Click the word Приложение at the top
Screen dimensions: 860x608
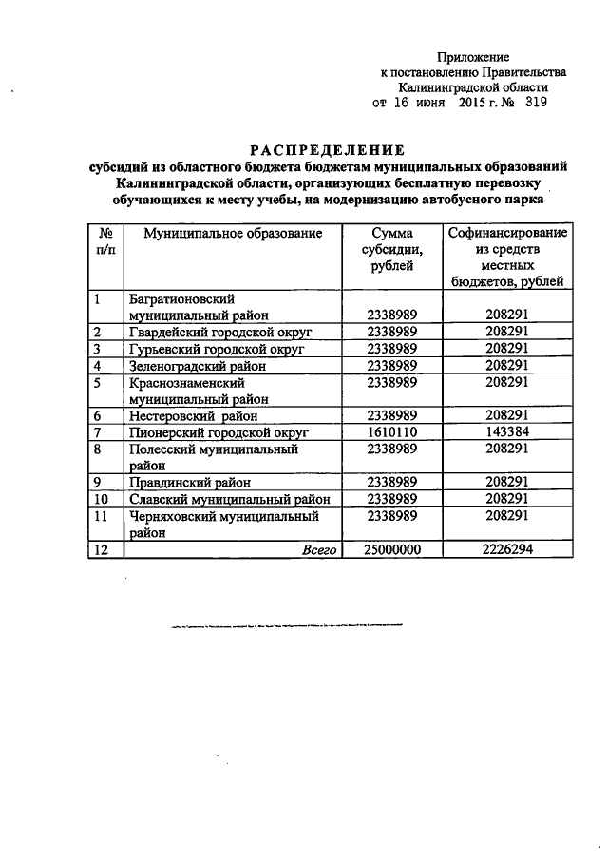pos(473,58)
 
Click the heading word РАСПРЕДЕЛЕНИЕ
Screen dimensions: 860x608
pos(327,150)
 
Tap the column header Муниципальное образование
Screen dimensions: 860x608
pos(233,234)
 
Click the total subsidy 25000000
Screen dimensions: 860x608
pos(392,549)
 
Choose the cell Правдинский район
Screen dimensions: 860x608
pos(186,482)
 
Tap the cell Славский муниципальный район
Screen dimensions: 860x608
pos(228,499)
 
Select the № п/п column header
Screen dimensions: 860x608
pos(105,241)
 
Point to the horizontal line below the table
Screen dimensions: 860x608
pos(286,626)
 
